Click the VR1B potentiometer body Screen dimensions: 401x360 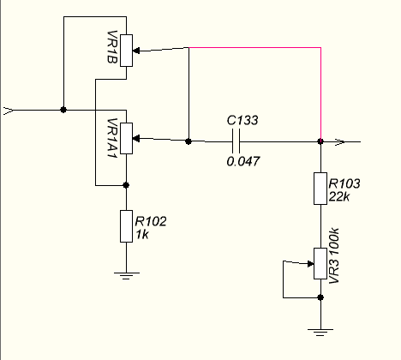(126, 51)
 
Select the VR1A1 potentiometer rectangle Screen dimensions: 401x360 (126, 139)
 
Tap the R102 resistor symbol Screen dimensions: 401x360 (126, 226)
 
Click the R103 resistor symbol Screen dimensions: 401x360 (320, 189)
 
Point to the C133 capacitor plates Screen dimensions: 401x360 (236, 141)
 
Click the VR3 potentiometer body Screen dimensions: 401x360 (320, 263)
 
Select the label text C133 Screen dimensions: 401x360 (242, 120)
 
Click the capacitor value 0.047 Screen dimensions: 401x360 (243, 162)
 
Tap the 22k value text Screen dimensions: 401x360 (339, 196)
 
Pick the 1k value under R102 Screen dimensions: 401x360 (142, 235)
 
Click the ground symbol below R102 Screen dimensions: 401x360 (127, 276)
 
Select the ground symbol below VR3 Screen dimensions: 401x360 (320, 333)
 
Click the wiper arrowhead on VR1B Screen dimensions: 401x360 (136, 51)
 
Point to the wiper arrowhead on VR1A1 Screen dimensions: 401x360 (136, 139)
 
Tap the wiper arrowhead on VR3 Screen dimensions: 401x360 (310, 264)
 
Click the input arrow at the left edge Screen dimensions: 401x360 (9, 111)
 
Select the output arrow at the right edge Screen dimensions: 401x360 (340, 141)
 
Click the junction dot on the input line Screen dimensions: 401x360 (63, 110)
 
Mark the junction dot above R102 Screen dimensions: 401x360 (126, 185)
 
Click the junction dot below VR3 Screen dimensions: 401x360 (320, 297)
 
